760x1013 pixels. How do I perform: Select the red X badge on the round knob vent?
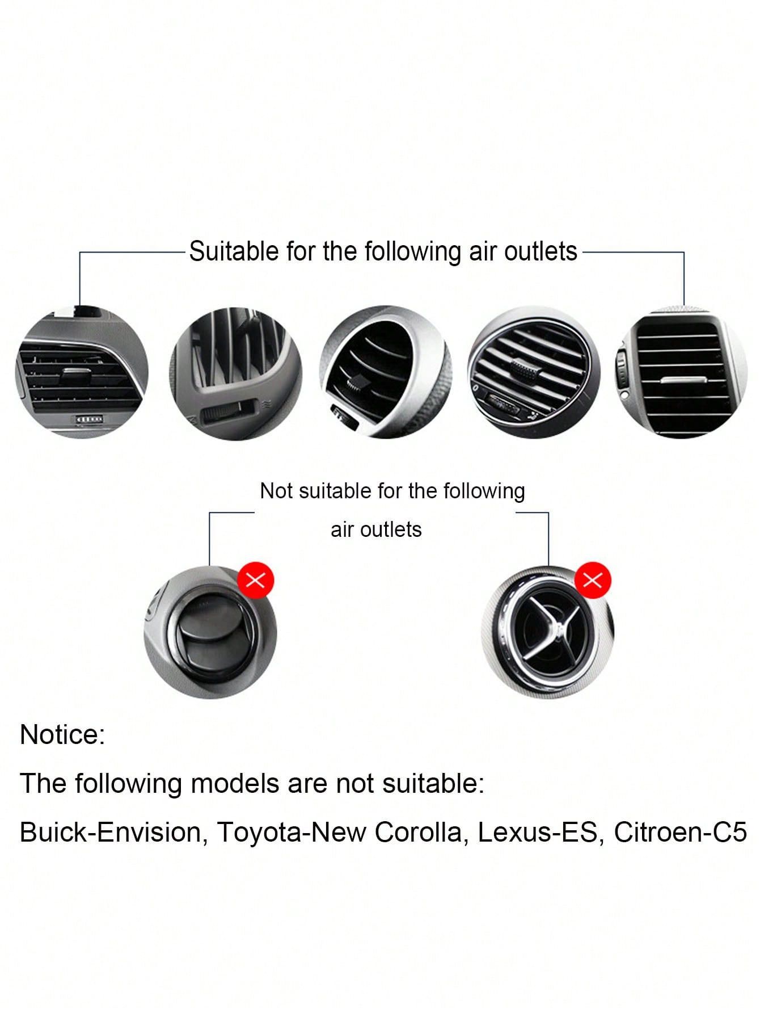pos(256,580)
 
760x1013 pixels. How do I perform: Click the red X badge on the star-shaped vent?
pos(593,580)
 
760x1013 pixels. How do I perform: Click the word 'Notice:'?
pos(62,734)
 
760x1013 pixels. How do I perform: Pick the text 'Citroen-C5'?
pos(680,833)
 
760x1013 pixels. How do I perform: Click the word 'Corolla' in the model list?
pos(421,833)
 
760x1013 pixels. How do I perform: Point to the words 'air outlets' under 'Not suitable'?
pos(376,529)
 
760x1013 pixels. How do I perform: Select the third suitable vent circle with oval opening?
pos(386,372)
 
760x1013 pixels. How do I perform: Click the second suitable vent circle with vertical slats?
pos(236,373)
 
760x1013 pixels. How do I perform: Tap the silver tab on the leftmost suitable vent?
pos(75,372)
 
